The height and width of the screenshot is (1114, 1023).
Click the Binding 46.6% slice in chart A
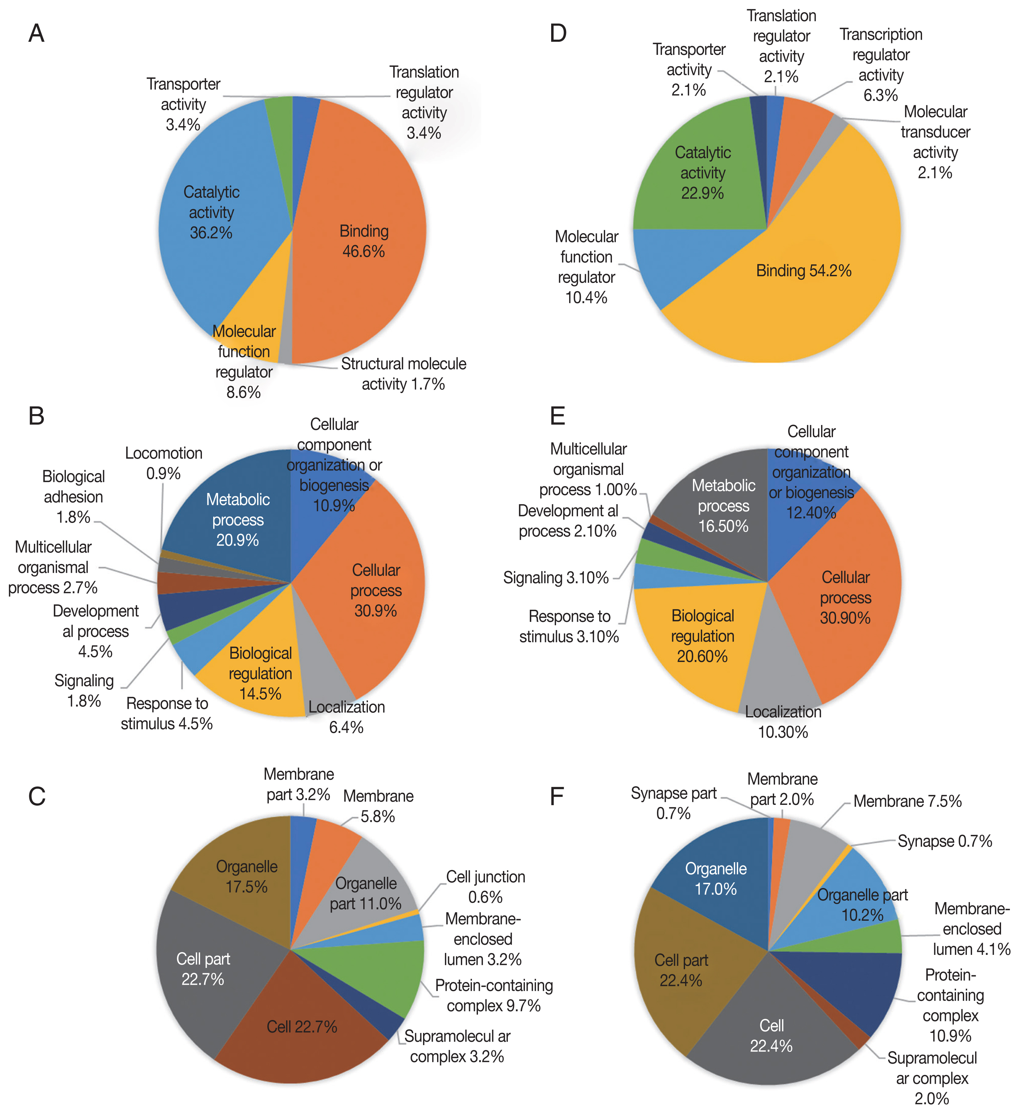tap(364, 241)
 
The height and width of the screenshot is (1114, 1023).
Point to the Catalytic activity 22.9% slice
tap(702, 173)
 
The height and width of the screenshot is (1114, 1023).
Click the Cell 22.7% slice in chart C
tap(302, 1027)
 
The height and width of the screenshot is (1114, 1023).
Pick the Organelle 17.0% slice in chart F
tap(716, 879)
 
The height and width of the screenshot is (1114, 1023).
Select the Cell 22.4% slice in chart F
tap(771, 1036)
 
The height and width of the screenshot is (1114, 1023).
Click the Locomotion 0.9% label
tap(163, 463)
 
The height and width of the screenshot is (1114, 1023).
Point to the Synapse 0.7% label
tap(944, 841)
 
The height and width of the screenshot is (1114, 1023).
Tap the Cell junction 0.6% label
tap(486, 887)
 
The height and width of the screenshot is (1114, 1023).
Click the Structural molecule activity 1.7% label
tap(404, 374)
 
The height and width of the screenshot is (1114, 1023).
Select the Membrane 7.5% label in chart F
tap(907, 801)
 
